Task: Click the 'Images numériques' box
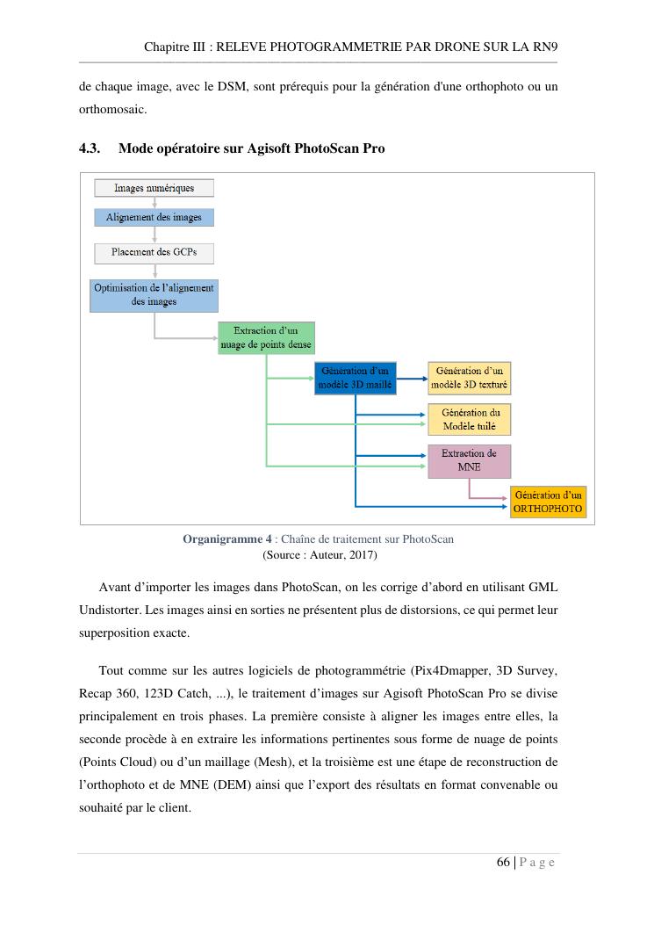pyautogui.click(x=154, y=188)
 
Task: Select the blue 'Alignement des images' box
pyautogui.click(x=154, y=217)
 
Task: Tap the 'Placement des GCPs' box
pyautogui.click(x=154, y=253)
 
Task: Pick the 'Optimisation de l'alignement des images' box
pyautogui.click(x=154, y=294)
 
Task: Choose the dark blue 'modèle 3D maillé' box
pyautogui.click(x=356, y=379)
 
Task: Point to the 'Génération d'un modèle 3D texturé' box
pyautogui.click(x=470, y=379)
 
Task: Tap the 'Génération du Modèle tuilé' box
pyautogui.click(x=470, y=419)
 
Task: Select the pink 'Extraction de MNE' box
pyautogui.click(x=469, y=461)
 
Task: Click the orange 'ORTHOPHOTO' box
pyautogui.click(x=548, y=502)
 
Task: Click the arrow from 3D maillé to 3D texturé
pyautogui.click(x=413, y=379)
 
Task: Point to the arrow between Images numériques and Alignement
pyautogui.click(x=154, y=202)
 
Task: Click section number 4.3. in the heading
pyautogui.click(x=91, y=148)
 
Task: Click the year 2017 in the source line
pyautogui.click(x=363, y=555)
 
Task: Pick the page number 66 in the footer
pyautogui.click(x=504, y=862)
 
